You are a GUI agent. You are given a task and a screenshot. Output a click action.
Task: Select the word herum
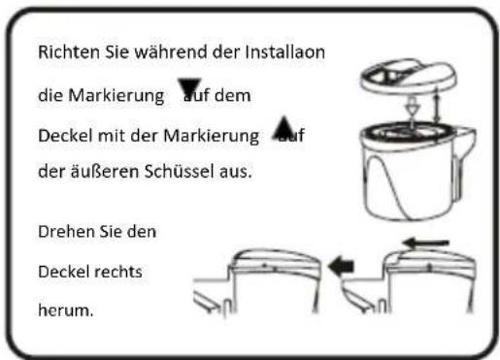pyautogui.click(x=62, y=312)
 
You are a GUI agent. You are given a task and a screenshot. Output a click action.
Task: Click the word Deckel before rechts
pyautogui.click(x=65, y=273)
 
